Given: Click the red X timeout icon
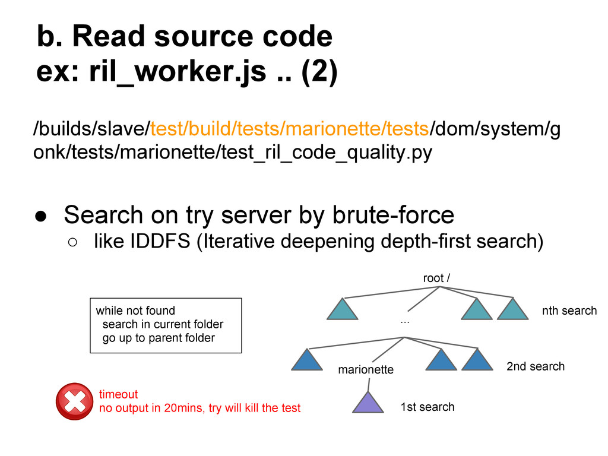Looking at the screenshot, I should tap(74, 401).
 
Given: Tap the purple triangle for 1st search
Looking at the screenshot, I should tap(369, 403).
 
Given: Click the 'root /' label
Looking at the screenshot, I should tap(436, 278).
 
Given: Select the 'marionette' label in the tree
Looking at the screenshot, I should tap(366, 370).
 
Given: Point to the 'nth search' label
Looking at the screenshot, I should tap(569, 311).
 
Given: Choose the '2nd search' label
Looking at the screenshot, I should tap(535, 366).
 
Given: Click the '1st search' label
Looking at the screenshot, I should tap(427, 407).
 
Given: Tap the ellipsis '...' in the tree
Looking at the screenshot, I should tap(405, 321).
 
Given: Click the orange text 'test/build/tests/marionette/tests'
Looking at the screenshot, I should tap(289, 127).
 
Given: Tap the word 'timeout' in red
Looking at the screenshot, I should tap(118, 394).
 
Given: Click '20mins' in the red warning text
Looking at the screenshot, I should tap(188, 408).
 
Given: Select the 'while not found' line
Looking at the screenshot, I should tap(135, 311).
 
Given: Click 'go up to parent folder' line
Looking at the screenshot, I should tap(158, 338).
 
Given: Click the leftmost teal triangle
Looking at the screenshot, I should tap(343, 310).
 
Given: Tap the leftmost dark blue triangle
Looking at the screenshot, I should tap(307, 360).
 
